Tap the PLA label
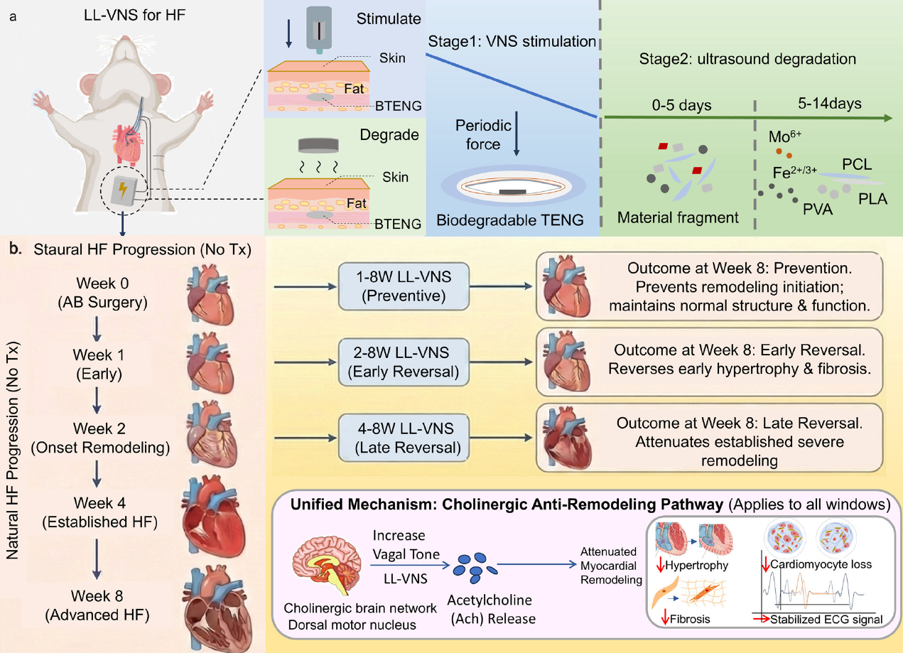click(872, 199)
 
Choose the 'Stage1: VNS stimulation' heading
click(512, 41)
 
